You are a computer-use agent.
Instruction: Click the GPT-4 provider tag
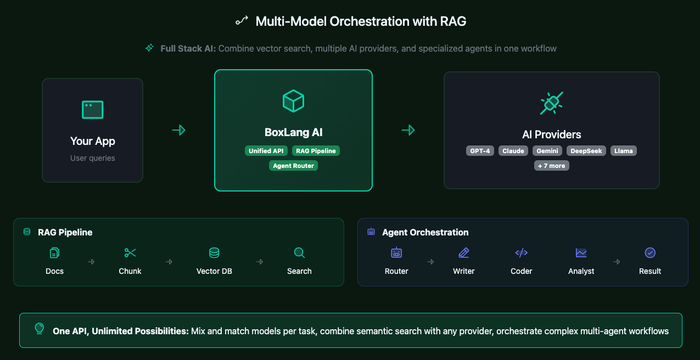[480, 151]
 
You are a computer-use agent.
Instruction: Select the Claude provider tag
[513, 151]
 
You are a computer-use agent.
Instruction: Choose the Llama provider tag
[624, 151]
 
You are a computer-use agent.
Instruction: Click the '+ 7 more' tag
[552, 165]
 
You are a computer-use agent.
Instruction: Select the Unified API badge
[266, 151]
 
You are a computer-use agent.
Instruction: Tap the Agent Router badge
[294, 165]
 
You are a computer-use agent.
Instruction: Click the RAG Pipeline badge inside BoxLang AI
[316, 151]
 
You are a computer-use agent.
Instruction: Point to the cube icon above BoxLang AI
[293, 101]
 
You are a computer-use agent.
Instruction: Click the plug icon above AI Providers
[551, 103]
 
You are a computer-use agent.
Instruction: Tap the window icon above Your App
[92, 110]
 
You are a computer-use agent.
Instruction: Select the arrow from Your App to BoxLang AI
[178, 130]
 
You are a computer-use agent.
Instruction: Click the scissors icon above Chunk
[130, 253]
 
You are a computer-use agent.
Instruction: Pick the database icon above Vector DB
[214, 253]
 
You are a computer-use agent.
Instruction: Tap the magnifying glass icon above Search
[299, 253]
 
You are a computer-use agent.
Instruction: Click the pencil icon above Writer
[464, 253]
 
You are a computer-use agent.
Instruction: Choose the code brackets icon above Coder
[521, 253]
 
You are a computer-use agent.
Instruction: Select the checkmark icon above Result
[650, 253]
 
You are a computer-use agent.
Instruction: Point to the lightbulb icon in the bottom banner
[40, 328]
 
